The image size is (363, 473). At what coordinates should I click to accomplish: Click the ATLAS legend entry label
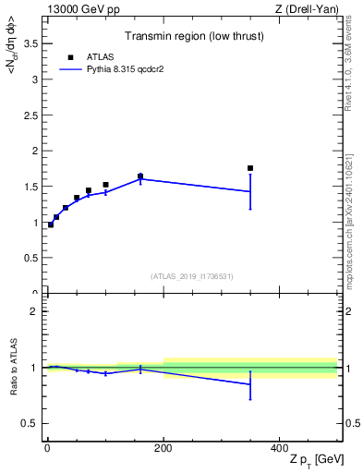pos(99,56)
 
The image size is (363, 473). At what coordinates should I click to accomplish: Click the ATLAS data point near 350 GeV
pos(250,168)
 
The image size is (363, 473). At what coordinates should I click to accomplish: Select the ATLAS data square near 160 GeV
pos(140,176)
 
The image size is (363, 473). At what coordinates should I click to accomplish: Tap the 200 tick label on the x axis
pos(163,448)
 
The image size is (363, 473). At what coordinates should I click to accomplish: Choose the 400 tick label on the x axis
pos(280,448)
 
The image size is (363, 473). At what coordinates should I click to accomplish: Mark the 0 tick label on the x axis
pos(47,448)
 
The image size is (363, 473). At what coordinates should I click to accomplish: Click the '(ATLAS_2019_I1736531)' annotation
pos(192,276)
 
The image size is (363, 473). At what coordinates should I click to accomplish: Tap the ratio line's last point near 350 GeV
pos(250,384)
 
